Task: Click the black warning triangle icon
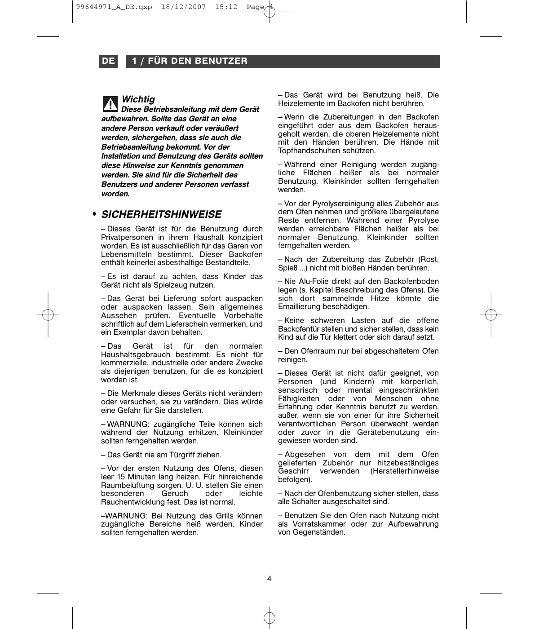point(109,103)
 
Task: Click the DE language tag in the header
point(108,61)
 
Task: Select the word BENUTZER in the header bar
point(224,61)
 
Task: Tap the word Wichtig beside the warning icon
point(138,99)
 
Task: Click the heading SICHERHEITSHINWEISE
point(161,214)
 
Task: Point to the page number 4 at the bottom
point(269,579)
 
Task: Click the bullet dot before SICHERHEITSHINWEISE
point(94,214)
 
